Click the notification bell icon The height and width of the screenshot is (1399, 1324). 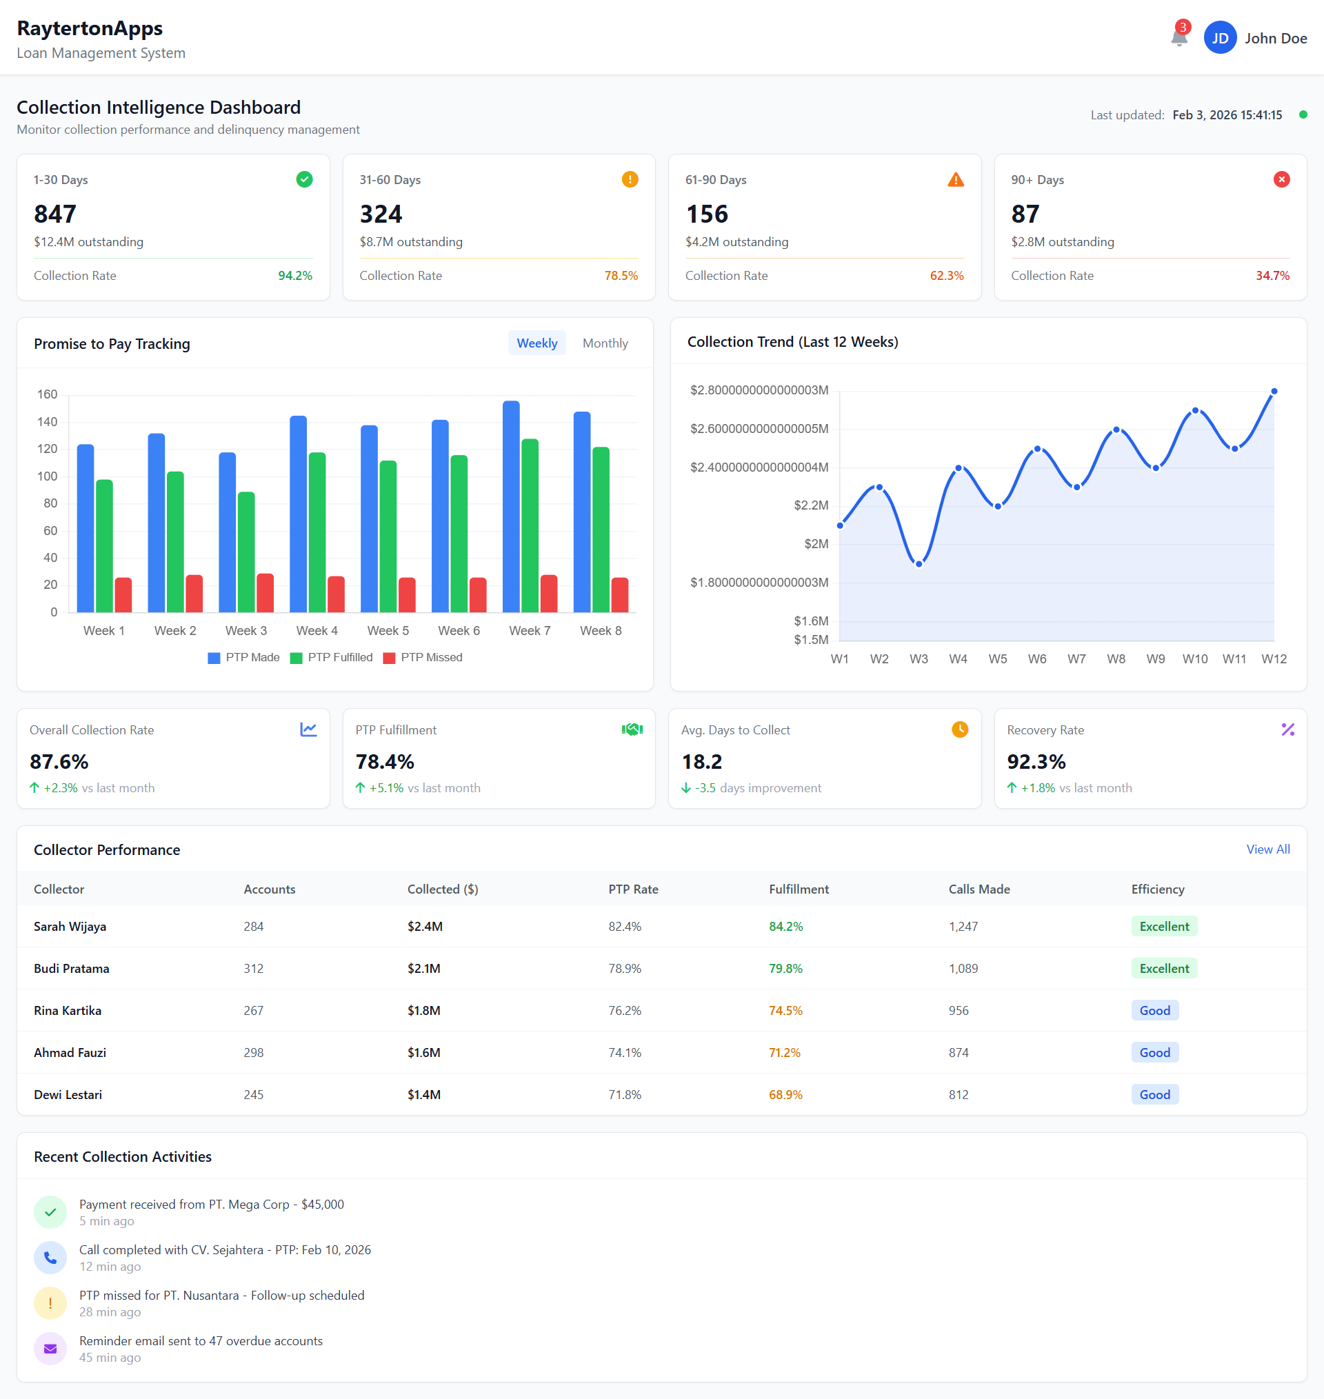[1178, 37]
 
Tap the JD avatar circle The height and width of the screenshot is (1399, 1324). [1220, 38]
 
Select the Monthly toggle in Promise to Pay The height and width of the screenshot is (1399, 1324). [605, 343]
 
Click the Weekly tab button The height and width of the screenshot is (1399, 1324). [536, 343]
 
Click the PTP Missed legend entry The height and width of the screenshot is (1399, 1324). [423, 657]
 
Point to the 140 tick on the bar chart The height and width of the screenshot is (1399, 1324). [48, 422]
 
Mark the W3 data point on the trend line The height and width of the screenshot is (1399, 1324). [919, 564]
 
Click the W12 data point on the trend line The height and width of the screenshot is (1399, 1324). [1273, 391]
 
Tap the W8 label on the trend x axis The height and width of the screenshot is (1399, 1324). [1115, 658]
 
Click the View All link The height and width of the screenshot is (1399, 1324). [1267, 849]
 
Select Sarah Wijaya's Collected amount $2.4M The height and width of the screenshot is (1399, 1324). [425, 926]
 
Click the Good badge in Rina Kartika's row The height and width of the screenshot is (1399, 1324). [1154, 1010]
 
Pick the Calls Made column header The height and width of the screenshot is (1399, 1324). [979, 889]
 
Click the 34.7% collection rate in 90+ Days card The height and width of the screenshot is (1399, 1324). [1272, 275]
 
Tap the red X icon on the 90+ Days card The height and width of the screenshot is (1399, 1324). [1281, 179]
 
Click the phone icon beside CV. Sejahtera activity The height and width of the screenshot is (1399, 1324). [50, 1257]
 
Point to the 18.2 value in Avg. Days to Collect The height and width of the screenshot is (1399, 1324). [701, 762]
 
